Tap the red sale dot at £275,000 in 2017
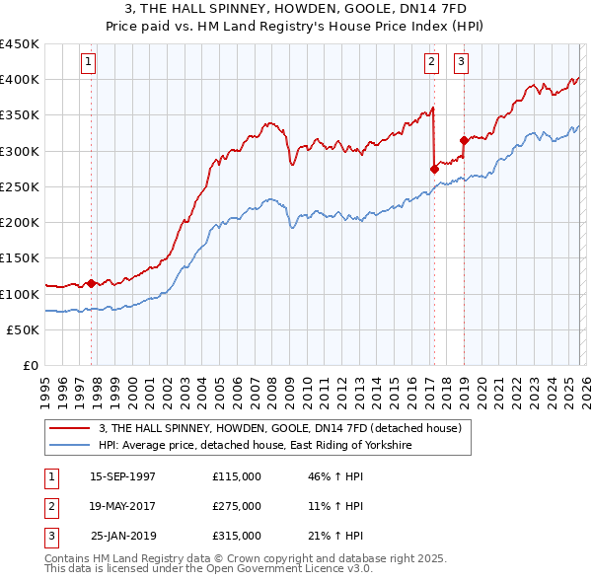(434, 169)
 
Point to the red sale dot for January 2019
(463, 140)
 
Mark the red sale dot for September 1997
(92, 283)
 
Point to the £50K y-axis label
(24, 329)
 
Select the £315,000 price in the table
(237, 536)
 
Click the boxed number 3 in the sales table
(48, 536)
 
